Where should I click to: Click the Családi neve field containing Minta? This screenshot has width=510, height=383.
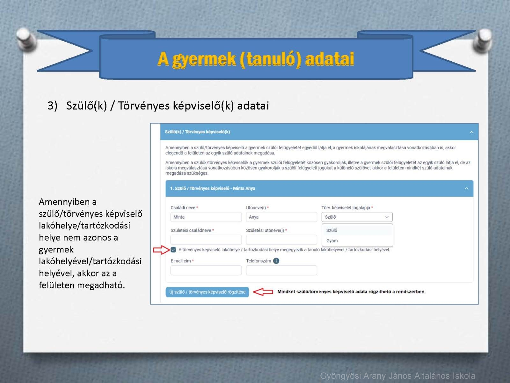206,217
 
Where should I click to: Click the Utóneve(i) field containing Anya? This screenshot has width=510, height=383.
281,217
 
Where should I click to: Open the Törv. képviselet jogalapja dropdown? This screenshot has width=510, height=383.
357,217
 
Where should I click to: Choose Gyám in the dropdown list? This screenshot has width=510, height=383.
332,241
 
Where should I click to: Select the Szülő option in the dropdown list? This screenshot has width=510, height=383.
331,230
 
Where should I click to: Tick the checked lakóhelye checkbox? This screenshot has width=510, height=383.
173,250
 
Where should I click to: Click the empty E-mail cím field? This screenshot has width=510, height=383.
206,270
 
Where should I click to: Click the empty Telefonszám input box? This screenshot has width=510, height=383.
281,270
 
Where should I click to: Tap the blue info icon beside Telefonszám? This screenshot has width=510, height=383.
276,261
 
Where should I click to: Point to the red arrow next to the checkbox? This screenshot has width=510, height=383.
162,250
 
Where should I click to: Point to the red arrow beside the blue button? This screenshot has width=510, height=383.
263,292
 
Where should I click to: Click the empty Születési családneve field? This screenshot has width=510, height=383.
206,240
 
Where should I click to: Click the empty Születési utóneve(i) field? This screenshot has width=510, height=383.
281,240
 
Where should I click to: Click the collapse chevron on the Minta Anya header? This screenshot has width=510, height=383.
466,188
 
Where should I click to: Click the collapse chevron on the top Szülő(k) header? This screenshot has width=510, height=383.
471,132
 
